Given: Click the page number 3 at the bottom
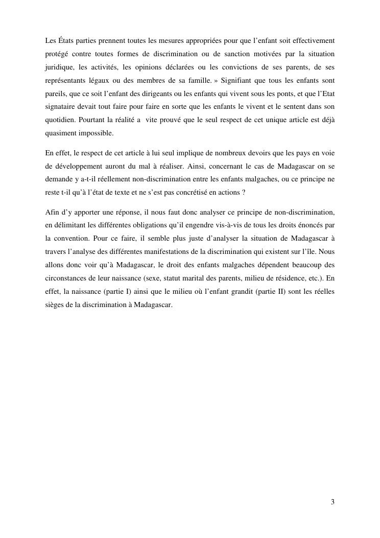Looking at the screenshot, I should pyautogui.click(x=332, y=502).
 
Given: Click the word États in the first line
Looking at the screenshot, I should pyautogui.click(x=64, y=40).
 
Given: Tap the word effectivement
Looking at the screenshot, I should pyautogui.click(x=313, y=40).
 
